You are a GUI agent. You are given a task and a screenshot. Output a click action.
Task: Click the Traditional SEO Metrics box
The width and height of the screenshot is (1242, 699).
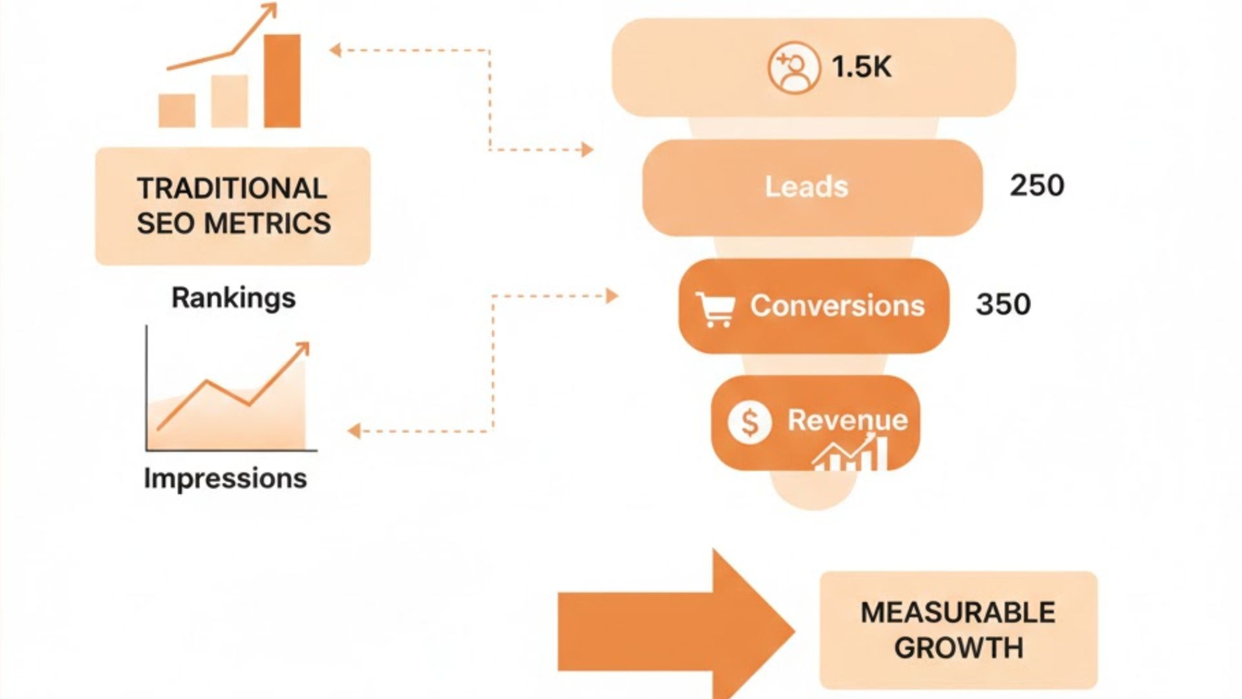233,206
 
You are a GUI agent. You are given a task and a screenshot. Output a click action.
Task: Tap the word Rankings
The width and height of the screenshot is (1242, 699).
233,297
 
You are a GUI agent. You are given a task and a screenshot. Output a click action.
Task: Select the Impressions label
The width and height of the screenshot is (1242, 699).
225,478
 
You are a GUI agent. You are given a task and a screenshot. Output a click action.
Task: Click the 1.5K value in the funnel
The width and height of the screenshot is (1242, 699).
862,68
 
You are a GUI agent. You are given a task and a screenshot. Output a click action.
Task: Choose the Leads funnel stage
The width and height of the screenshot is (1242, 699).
807,187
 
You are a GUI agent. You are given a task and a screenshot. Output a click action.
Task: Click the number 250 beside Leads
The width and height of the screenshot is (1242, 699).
1037,186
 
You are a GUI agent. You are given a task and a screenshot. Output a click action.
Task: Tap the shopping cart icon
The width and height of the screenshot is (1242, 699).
715,309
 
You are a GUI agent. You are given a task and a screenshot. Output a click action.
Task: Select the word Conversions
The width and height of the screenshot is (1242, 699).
837,306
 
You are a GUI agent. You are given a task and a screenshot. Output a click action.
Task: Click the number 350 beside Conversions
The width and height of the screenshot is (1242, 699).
1003,304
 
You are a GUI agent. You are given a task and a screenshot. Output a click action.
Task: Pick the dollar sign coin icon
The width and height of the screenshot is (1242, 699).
749,423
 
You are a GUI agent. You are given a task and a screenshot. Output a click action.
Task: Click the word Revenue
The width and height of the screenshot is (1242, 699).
848,420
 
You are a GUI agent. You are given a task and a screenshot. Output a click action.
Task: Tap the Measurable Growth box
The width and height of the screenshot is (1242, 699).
958,630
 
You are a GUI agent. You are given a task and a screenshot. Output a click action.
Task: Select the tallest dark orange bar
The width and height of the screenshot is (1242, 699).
282,81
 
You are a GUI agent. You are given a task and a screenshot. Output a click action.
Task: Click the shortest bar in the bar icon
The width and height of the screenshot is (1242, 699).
177,110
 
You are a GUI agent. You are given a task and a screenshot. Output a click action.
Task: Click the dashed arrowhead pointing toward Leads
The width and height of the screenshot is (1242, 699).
588,149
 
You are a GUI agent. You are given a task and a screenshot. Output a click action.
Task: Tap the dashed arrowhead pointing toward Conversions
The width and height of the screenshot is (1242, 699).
612,296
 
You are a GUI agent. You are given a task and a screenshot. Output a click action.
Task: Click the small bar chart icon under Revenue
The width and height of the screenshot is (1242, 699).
852,454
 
